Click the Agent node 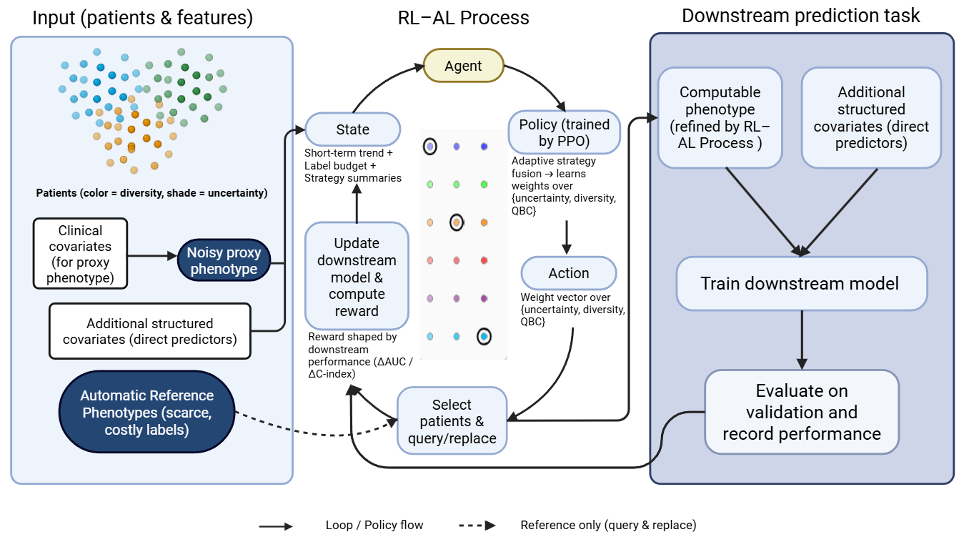463,66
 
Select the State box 352,129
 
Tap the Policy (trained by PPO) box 564,132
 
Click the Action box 568,273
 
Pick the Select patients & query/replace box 452,421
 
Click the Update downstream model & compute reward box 357,276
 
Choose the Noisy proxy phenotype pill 224,261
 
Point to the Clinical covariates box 80,254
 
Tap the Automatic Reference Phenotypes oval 146,412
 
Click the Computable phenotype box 720,118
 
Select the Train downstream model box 800,283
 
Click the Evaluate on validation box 801,412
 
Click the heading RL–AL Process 463,18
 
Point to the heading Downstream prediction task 800,16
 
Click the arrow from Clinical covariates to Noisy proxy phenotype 152,255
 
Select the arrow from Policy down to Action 566,235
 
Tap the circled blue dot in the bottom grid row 484,335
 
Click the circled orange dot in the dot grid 457,222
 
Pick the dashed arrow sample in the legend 477,526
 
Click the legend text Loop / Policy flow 374,526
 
